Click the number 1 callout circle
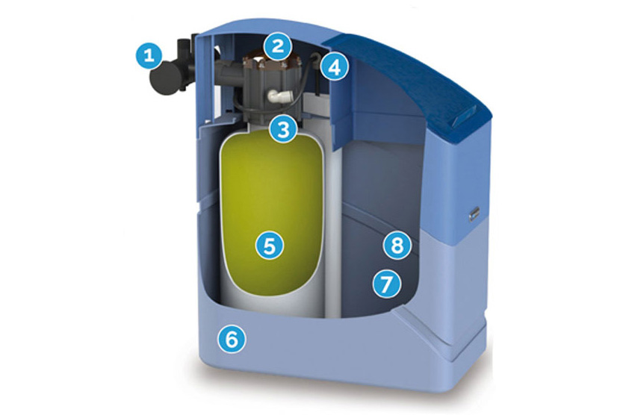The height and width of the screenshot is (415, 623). coord(148,55)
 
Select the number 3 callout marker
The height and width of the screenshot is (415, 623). coord(283,129)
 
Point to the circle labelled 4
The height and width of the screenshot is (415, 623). coord(335,66)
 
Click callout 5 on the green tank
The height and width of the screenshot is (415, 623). coord(270,246)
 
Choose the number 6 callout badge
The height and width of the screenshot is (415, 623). coord(232,339)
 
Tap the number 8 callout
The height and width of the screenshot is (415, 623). coord(397,246)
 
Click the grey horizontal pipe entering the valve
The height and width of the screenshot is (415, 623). coord(229,72)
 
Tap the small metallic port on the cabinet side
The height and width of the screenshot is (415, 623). coord(474,213)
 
